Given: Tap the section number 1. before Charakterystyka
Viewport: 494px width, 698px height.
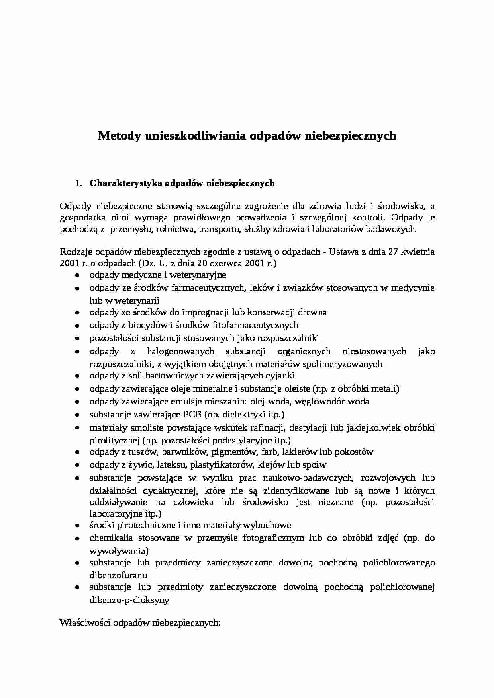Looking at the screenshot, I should pos(78,183).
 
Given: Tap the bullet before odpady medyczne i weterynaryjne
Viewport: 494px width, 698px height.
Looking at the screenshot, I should pos(77,275).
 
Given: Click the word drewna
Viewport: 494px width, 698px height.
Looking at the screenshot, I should pos(314,312).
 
